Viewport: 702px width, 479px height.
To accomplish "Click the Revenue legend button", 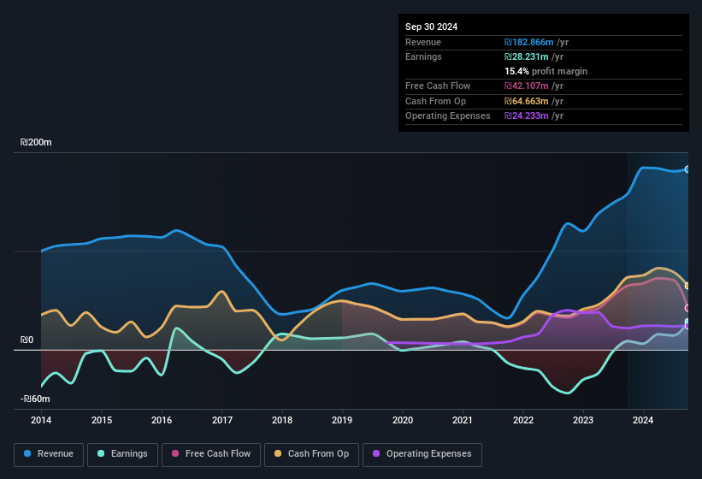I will pos(49,454).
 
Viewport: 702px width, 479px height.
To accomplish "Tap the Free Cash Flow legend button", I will pos(212,454).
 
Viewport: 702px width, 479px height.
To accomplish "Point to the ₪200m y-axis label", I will pos(37,143).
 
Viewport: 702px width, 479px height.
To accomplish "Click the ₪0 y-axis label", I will pos(27,340).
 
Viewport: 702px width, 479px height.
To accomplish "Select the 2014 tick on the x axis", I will pos(41,420).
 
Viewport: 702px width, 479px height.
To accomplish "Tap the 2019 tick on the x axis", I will pos(342,420).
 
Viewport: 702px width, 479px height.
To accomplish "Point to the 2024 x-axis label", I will pos(643,420).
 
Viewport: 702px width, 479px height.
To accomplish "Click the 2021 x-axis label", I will pos(463,420).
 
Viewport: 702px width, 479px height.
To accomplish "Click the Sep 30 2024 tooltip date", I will pos(431,27).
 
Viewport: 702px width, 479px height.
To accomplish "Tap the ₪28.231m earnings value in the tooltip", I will pos(524,56).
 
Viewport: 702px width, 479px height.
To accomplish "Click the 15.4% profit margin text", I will pos(546,71).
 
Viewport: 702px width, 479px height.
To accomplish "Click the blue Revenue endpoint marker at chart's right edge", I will pos(687,169).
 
